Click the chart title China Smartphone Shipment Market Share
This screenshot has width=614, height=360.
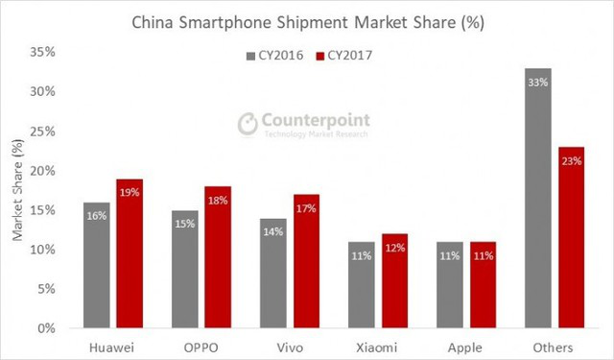[306, 20]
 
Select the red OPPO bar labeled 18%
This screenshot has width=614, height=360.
[219, 258]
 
